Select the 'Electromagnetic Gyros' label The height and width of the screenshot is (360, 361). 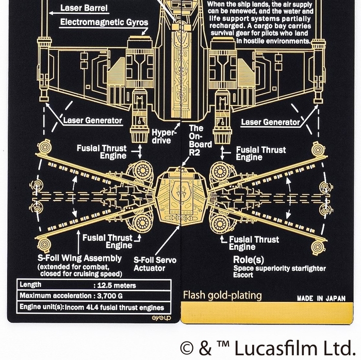104,22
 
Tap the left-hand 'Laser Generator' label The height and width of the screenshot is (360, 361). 93,121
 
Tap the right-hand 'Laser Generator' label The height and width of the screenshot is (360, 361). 271,122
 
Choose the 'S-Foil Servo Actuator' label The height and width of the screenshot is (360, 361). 155,264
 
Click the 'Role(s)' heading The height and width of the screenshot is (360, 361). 249,259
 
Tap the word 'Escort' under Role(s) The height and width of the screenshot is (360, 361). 243,275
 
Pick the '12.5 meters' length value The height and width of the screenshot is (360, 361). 114,285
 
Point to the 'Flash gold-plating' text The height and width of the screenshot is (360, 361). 222,295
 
